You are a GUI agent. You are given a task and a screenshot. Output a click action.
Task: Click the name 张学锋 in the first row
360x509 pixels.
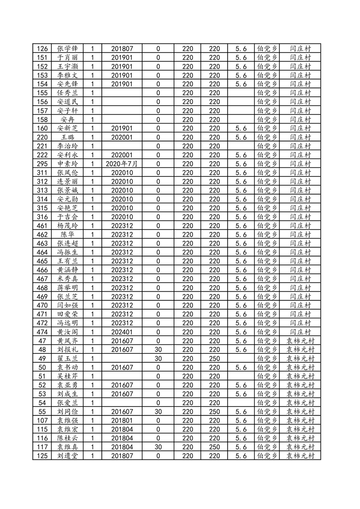[x=68, y=49]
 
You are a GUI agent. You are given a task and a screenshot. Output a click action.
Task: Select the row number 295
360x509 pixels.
[x=42, y=164]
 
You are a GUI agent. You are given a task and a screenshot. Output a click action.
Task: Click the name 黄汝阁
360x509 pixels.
[x=68, y=332]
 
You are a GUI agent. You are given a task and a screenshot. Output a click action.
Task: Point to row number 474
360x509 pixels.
[x=42, y=332]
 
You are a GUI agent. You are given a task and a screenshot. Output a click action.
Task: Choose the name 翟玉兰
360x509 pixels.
[x=68, y=358]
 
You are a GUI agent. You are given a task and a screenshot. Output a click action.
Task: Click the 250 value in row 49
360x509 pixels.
[x=214, y=358]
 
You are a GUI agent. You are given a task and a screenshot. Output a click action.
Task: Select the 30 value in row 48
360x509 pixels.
[x=158, y=350]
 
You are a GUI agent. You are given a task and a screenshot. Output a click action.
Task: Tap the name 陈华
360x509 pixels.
[x=68, y=235]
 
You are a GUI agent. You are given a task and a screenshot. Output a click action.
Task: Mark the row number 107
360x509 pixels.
[x=42, y=421]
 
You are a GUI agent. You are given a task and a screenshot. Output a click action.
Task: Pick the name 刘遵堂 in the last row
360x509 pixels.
[x=68, y=456]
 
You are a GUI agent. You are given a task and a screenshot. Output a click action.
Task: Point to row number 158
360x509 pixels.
[x=42, y=119]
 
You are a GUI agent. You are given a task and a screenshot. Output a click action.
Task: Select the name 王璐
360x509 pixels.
[x=68, y=137]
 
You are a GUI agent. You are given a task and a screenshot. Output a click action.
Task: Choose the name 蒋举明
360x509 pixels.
[x=68, y=288]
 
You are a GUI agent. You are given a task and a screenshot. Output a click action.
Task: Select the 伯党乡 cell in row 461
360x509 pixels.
[x=267, y=225]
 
